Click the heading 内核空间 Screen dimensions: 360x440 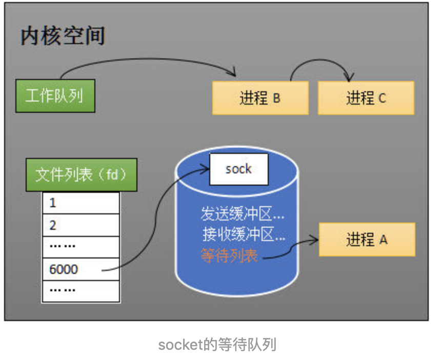(63, 36)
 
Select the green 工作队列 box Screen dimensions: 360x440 (55, 95)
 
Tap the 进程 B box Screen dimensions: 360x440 (260, 98)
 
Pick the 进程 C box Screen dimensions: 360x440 (366, 98)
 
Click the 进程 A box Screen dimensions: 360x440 (367, 239)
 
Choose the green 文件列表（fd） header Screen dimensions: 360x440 (81, 175)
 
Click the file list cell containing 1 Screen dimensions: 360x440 (81, 203)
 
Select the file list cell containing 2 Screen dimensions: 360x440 (81, 225)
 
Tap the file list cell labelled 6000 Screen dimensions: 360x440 (81, 269)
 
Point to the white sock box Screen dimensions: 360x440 (238, 169)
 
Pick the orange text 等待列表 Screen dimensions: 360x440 (229, 255)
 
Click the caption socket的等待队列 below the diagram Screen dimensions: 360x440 (217, 345)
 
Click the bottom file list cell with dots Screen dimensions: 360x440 (81, 291)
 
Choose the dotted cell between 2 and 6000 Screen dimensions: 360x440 (81, 247)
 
